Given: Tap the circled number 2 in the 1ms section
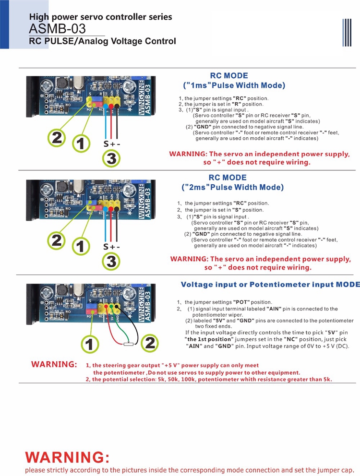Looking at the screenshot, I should click(57, 138).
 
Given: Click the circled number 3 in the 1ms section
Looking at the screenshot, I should click(111, 158).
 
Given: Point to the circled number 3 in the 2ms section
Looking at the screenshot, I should click(111, 261).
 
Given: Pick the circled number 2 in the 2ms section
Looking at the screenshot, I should click(57, 240).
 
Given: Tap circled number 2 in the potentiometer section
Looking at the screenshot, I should click(150, 343).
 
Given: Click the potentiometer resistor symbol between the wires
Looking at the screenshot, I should click(128, 344).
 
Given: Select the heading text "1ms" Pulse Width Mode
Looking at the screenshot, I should click(234, 85).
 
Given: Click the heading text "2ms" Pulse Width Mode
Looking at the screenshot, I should click(233, 187).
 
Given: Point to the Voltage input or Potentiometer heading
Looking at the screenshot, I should click(270, 285).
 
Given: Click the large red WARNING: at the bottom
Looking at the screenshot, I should click(67, 456).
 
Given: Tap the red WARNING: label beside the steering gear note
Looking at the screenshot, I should click(54, 364).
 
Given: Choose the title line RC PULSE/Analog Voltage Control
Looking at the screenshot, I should click(102, 41).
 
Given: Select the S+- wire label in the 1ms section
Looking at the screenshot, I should click(111, 143).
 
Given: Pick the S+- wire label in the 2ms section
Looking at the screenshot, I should click(111, 247).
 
